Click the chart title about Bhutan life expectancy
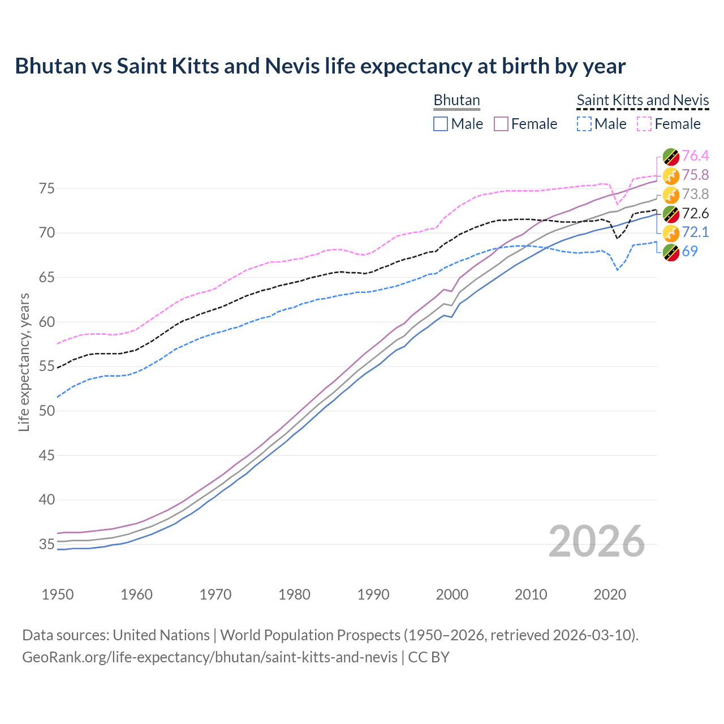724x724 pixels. (320, 66)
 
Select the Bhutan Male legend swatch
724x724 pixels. (441, 124)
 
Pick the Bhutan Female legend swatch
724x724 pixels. (501, 124)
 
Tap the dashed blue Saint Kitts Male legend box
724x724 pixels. (584, 124)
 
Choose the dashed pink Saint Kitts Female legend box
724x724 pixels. (644, 124)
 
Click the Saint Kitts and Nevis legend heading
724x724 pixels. (643, 100)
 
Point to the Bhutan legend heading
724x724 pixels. (456, 100)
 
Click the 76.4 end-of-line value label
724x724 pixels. (695, 156)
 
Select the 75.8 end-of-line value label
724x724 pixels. (695, 175)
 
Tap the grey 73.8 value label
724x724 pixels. (695, 195)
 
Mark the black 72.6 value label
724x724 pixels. (695, 214)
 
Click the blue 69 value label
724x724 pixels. (689, 252)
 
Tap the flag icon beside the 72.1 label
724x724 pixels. (671, 233)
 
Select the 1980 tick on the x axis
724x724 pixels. (294, 595)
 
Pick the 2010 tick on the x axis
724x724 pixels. (531, 595)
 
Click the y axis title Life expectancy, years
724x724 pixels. (24, 362)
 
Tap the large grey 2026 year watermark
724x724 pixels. (596, 542)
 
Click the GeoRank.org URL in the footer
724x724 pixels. (209, 657)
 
